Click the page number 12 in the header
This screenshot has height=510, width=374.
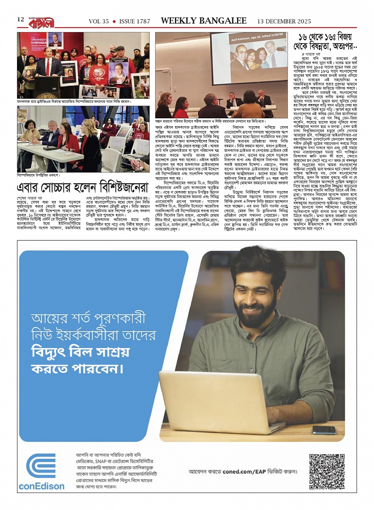tap(21, 19)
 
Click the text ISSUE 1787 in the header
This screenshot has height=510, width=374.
tap(135, 21)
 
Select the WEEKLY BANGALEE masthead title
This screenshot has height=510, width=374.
tap(204, 21)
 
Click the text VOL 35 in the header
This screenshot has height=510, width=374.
tap(99, 21)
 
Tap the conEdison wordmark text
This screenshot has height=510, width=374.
tap(41, 486)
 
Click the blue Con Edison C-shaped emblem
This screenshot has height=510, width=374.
tap(41, 466)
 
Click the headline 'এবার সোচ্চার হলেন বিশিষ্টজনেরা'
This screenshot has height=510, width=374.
tap(82, 187)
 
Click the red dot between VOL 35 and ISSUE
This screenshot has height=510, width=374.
tap(114, 21)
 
